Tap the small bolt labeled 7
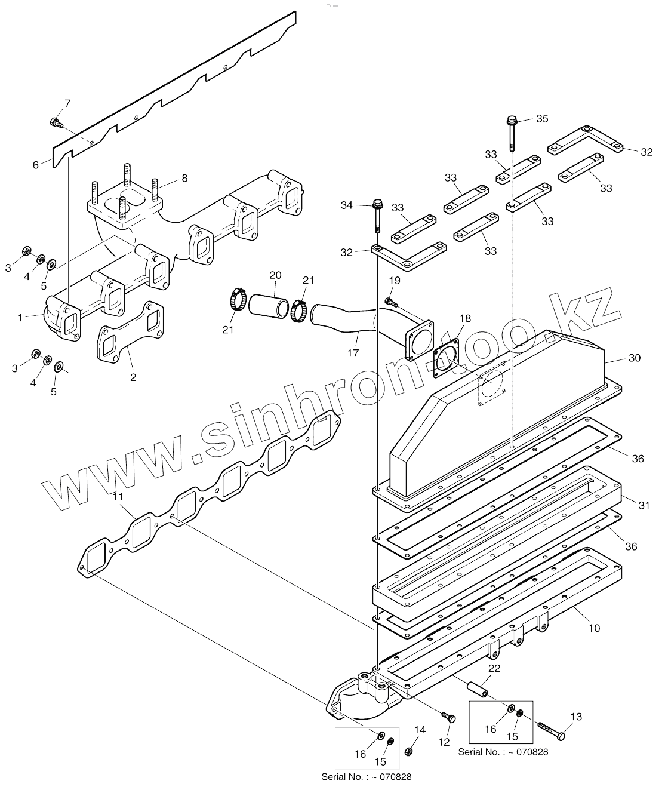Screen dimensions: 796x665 point(56,122)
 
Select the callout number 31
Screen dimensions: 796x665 point(644,505)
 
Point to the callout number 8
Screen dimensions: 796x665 point(184,177)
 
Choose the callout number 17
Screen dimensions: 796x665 point(353,353)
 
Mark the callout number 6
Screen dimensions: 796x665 point(36,164)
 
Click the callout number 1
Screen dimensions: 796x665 point(20,318)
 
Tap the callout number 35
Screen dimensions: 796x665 point(541,118)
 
